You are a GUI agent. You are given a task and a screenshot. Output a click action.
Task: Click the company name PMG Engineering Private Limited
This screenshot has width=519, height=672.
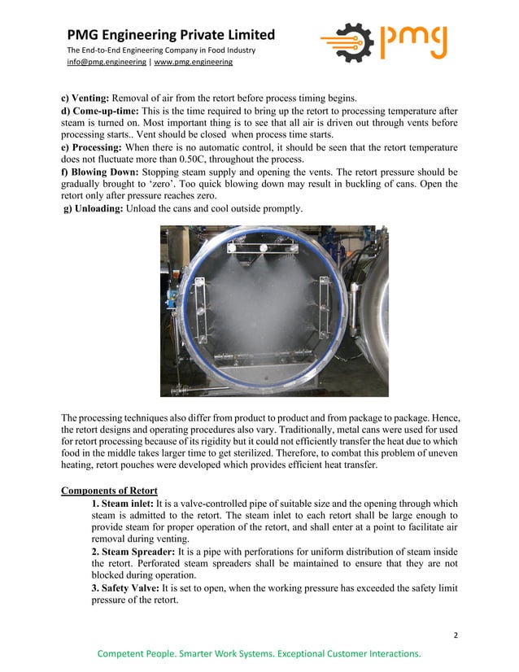click(171, 35)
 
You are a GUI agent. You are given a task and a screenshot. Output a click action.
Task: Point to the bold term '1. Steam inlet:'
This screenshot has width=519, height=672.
click(124, 504)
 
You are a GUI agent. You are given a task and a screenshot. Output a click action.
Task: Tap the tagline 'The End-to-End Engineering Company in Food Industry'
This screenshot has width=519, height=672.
click(161, 50)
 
